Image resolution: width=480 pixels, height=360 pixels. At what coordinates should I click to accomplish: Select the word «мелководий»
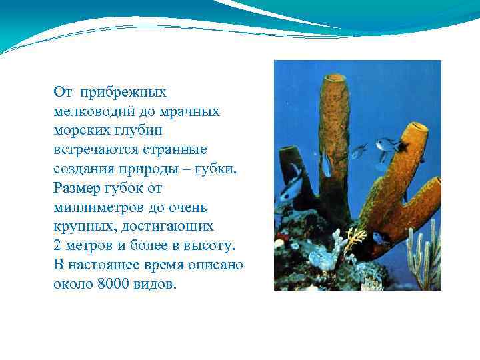91,111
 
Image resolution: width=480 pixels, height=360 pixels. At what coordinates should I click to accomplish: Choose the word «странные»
174,149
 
